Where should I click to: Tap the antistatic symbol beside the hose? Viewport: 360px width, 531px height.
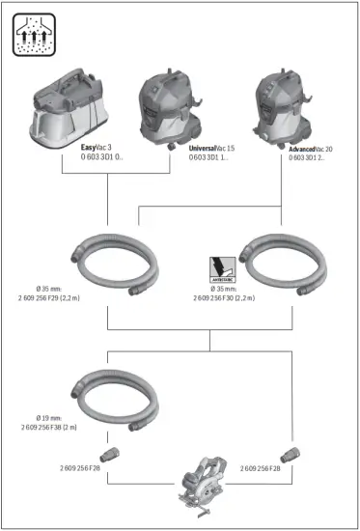tap(223, 268)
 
